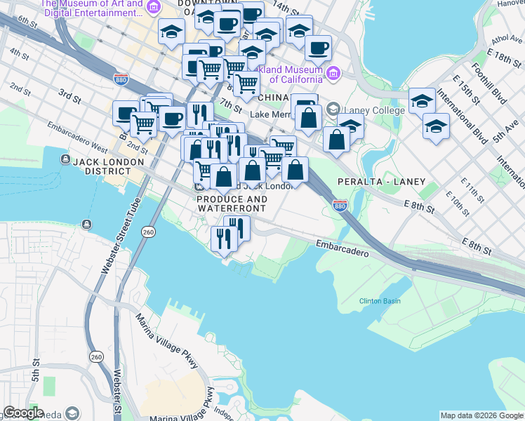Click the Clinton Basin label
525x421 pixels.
coord(380,301)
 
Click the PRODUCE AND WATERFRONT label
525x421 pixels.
coord(232,204)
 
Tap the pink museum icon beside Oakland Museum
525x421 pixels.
coord(333,73)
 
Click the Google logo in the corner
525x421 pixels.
coord(23,413)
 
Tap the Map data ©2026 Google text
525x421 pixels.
coord(481,415)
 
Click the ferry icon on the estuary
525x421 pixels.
coord(86,225)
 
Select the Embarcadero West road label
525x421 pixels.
coord(77,139)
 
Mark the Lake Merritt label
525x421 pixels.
coord(270,114)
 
